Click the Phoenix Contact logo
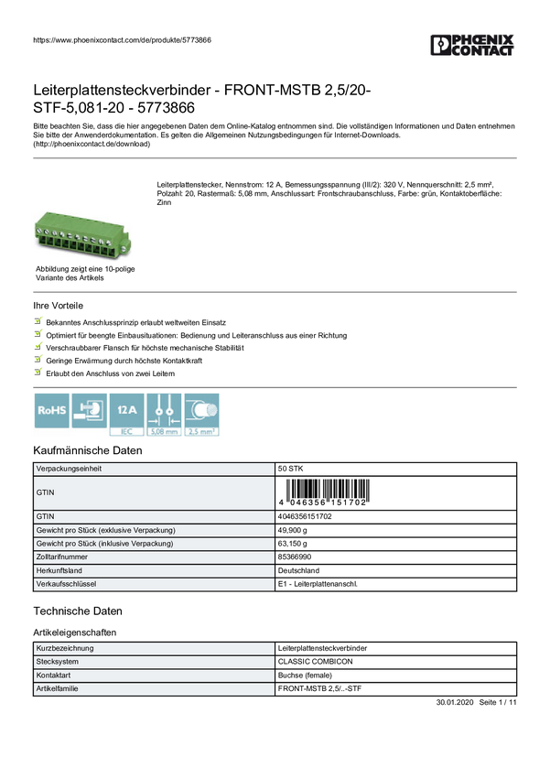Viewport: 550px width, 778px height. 473,46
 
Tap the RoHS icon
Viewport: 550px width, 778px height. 50,411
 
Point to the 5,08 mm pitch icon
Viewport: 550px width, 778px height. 165,411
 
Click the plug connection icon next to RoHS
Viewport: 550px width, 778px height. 89,411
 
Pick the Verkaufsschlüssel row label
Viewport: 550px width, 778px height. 66,584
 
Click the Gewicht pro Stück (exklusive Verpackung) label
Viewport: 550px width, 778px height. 105,530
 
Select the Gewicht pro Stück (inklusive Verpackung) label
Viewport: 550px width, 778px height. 105,544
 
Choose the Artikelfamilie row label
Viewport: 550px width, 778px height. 57,688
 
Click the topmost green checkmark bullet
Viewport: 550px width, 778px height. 38,321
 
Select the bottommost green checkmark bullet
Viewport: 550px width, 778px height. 38,373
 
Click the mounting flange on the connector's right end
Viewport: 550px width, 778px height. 126,245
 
